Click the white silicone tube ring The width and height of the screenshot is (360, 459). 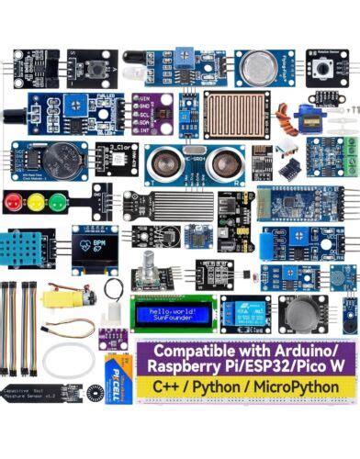tap(68, 360)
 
